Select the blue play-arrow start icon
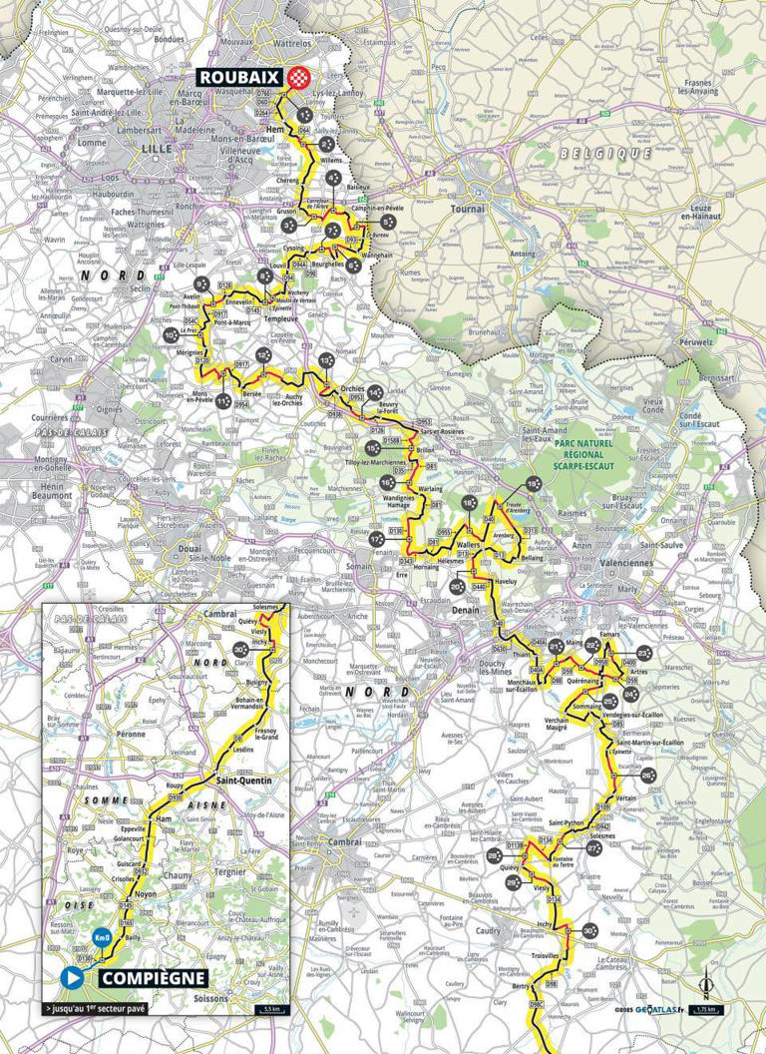pos(72,977)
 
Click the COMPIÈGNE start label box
pos(153,977)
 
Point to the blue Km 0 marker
pos(101,939)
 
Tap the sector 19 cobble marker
pos(533,483)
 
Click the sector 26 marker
pos(647,775)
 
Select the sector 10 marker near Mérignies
pos(171,334)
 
